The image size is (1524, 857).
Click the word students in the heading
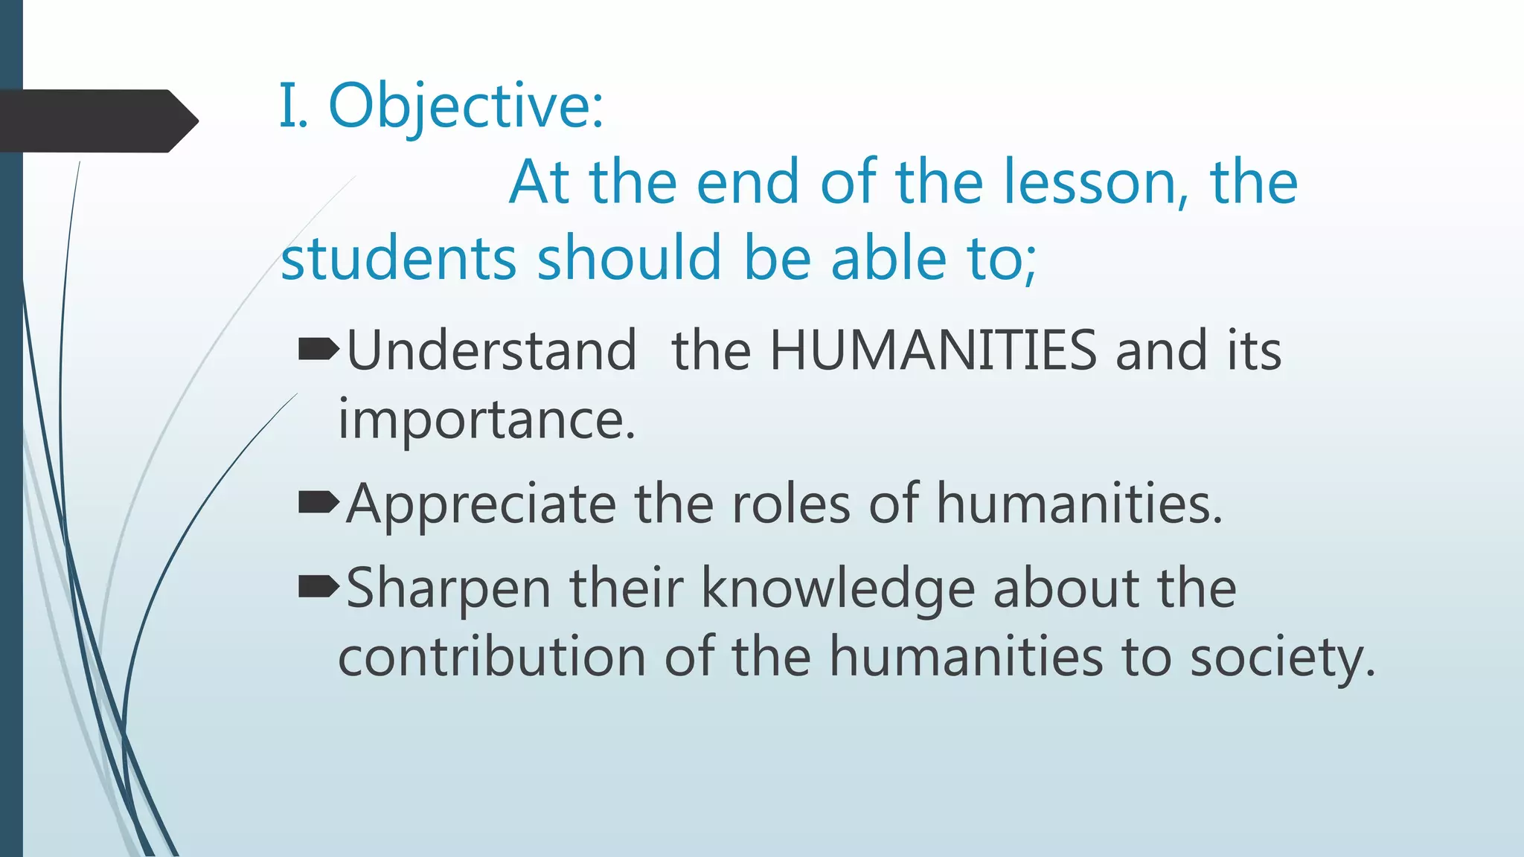pos(398,258)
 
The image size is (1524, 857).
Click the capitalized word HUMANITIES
pos(932,350)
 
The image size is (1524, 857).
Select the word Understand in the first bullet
pos(491,350)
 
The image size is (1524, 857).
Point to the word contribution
pos(491,658)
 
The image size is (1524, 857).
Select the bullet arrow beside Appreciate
pos(318,503)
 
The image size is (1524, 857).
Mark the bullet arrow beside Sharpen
pos(318,587)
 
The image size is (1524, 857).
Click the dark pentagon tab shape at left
pos(97,121)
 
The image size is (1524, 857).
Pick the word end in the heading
pos(747,182)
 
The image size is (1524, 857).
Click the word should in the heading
pos(630,258)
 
